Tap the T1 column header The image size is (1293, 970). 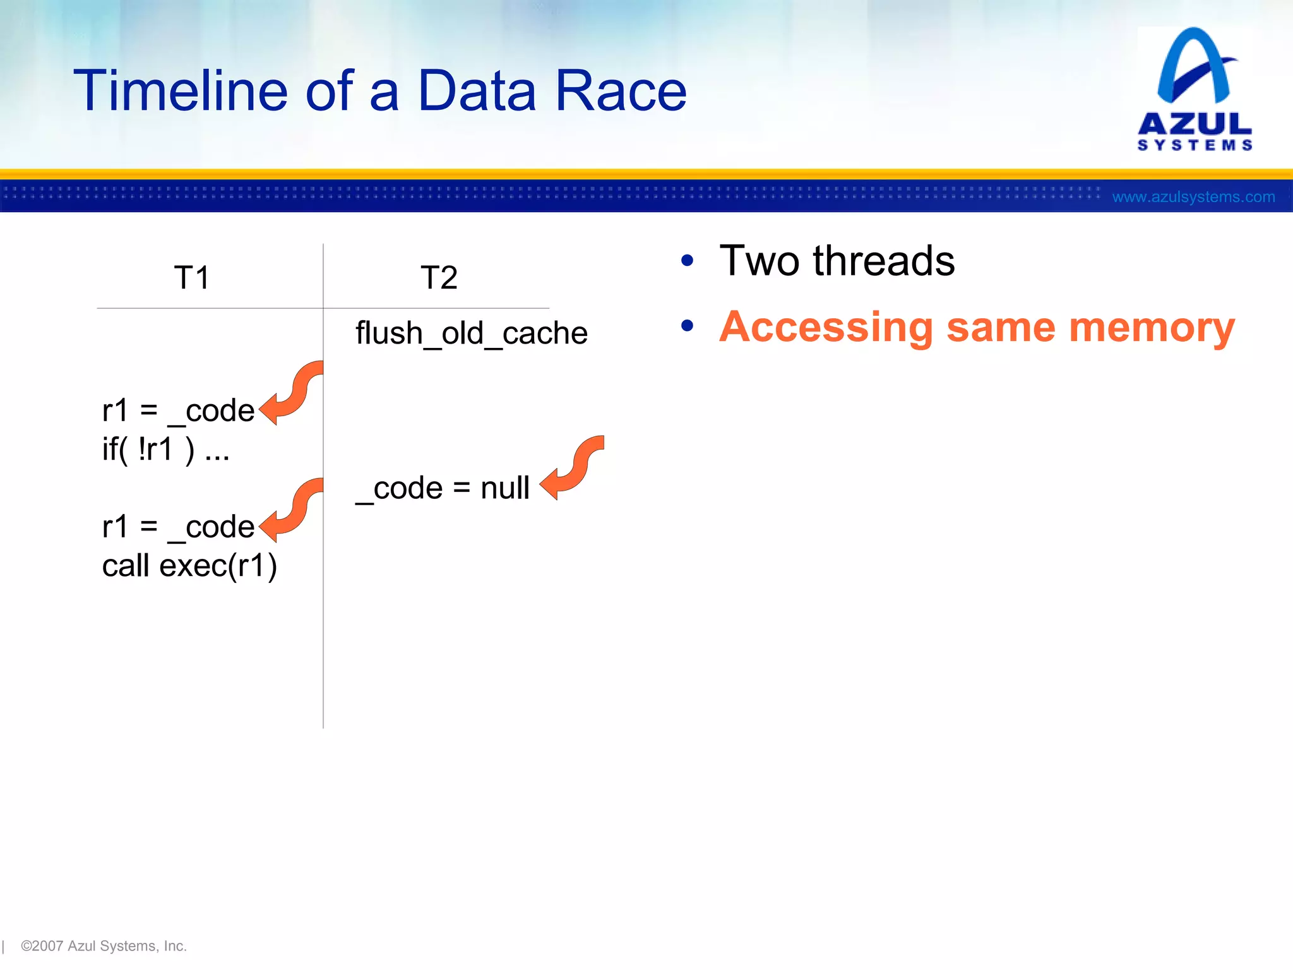(x=191, y=278)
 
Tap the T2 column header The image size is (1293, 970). (x=439, y=278)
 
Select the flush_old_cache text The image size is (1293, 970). (x=471, y=333)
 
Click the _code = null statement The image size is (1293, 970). (x=442, y=488)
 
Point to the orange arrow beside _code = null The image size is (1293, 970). (x=571, y=469)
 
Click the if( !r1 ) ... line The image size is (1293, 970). (x=165, y=450)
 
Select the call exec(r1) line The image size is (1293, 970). (x=189, y=566)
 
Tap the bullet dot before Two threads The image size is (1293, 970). (x=688, y=261)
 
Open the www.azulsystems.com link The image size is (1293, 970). (x=1193, y=197)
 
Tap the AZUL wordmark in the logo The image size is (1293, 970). (x=1195, y=124)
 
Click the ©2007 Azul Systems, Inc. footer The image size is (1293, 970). (x=104, y=946)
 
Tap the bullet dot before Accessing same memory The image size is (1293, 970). (x=688, y=326)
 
